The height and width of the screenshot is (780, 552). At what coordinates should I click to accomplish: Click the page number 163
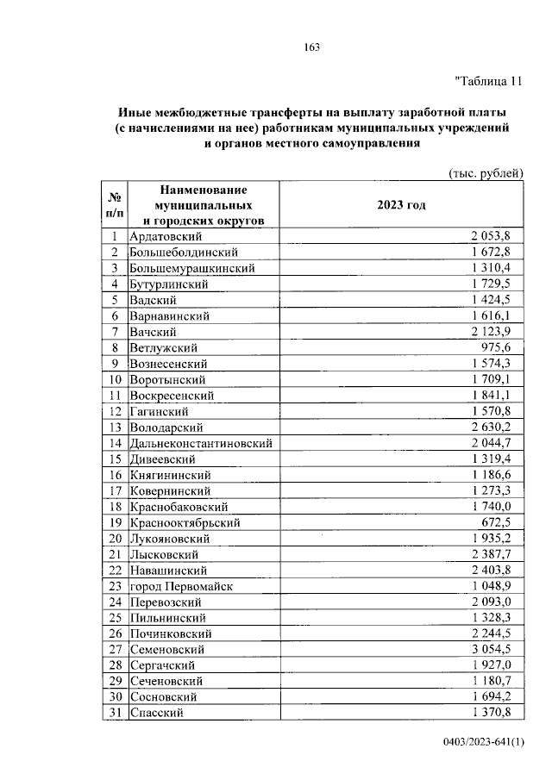point(311,47)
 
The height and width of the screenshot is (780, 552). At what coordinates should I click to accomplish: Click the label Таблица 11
point(489,83)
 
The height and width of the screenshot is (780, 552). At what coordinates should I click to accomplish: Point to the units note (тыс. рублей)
point(486,172)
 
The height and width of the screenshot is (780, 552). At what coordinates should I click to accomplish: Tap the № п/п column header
point(114,205)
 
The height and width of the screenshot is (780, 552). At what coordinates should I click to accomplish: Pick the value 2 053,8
point(491,235)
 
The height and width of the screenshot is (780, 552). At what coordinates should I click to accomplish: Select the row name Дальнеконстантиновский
point(202,443)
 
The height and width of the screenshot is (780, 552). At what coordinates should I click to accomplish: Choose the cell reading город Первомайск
point(180,586)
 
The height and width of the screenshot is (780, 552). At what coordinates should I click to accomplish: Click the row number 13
point(114,427)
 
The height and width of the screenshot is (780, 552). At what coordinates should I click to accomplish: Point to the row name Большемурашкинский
point(192,268)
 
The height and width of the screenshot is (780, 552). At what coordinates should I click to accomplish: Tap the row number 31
point(114,713)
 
